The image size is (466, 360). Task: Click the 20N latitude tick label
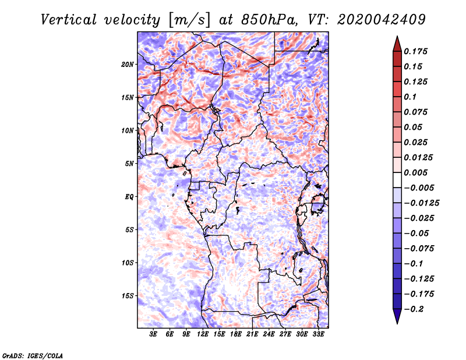[128, 65]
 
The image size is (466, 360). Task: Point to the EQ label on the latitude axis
[129, 197]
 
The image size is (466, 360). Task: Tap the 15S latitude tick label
[128, 296]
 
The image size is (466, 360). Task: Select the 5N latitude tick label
[129, 164]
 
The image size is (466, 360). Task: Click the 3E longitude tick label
[153, 334]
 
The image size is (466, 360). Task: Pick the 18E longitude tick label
[236, 334]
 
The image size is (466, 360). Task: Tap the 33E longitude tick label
[318, 334]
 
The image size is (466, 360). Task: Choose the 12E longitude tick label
[203, 334]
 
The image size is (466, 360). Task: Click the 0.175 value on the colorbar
[415, 51]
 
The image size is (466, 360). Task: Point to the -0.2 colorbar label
[414, 309]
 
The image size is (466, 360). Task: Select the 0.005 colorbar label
[415, 172]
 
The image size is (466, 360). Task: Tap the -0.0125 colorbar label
[421, 203]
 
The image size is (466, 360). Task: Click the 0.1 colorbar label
[410, 97]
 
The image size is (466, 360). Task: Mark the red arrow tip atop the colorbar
[397, 37]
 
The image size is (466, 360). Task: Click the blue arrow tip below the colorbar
[397, 323]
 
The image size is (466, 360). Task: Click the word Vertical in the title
[68, 20]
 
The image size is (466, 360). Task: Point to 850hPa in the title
[269, 20]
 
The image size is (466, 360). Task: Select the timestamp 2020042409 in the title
[382, 20]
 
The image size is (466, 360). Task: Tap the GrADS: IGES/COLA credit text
[33, 356]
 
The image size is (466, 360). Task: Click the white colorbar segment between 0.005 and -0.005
[397, 180]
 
